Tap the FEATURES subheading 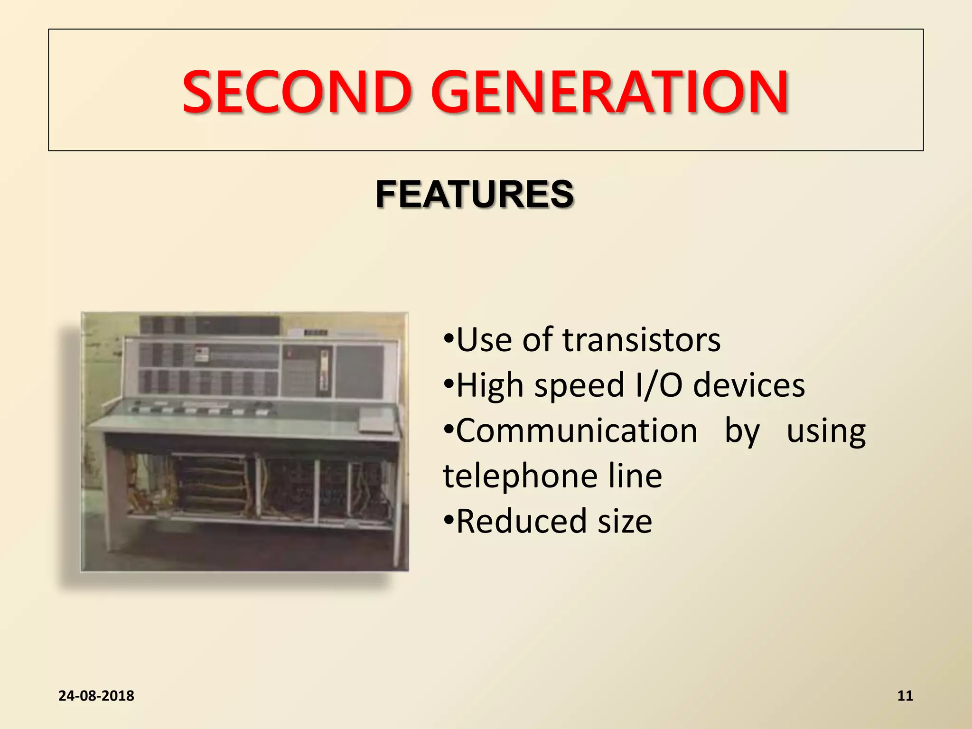click(475, 194)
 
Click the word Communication click(576, 431)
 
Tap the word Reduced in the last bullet click(522, 521)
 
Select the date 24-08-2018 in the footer click(96, 696)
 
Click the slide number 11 click(905, 696)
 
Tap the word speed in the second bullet click(579, 385)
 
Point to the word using click(826, 431)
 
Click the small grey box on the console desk click(376, 421)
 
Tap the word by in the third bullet click(742, 431)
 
